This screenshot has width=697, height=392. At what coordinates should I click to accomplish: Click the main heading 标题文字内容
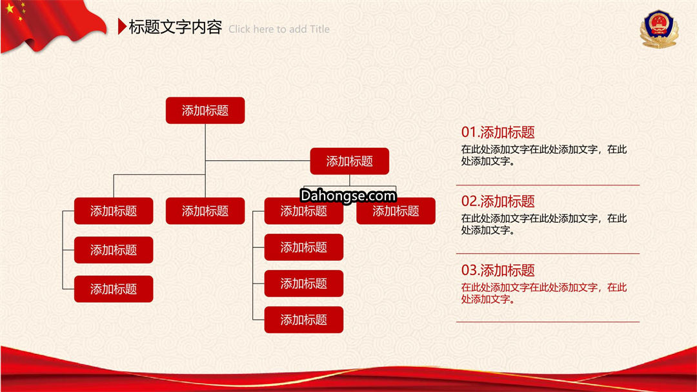pyautogui.click(x=175, y=27)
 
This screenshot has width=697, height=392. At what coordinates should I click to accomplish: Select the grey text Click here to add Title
pyautogui.click(x=279, y=29)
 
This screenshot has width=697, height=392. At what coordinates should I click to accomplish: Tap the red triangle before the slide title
pyautogui.click(x=122, y=26)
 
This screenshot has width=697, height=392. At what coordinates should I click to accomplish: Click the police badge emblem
pyautogui.click(x=659, y=29)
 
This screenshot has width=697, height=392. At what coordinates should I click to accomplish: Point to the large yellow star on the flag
pyautogui.click(x=10, y=8)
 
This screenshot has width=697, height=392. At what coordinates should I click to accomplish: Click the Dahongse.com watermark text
pyautogui.click(x=348, y=195)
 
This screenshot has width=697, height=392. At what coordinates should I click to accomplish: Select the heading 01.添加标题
pyautogui.click(x=498, y=132)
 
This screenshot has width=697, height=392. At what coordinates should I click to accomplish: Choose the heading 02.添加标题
pyautogui.click(x=498, y=201)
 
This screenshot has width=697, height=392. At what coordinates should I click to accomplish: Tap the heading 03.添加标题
pyautogui.click(x=498, y=270)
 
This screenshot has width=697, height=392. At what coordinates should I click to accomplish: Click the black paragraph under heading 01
pyautogui.click(x=543, y=155)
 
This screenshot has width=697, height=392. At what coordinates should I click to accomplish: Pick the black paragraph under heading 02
pyautogui.click(x=543, y=224)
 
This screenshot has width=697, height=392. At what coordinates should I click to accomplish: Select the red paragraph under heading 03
pyautogui.click(x=543, y=293)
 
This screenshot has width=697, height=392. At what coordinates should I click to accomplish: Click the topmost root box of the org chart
pyautogui.click(x=205, y=110)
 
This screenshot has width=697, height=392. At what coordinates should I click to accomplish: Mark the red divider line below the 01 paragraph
pyautogui.click(x=548, y=185)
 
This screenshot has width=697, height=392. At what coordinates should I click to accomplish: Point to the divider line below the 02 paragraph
pyautogui.click(x=548, y=254)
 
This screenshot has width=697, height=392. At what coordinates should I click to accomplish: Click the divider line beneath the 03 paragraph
pyautogui.click(x=548, y=322)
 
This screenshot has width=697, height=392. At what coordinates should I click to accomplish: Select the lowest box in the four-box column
pyautogui.click(x=303, y=320)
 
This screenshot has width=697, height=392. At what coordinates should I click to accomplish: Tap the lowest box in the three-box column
pyautogui.click(x=114, y=289)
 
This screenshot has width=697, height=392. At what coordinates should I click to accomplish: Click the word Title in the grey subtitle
pyautogui.click(x=319, y=29)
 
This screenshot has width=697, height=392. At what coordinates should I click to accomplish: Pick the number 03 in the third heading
pyautogui.click(x=469, y=270)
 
